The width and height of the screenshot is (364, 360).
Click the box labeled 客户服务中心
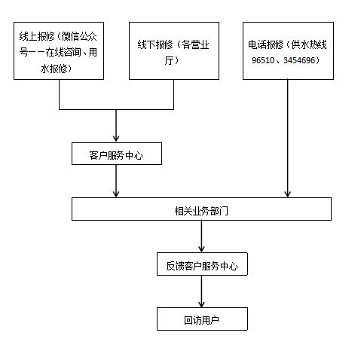coord(117,154)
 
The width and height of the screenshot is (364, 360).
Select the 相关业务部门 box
coord(201,209)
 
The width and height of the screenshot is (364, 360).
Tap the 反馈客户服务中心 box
coord(202,264)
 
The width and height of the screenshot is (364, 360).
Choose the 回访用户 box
coord(202,319)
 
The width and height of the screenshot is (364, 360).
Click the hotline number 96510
coord(263,60)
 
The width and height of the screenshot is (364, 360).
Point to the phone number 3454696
coord(299,60)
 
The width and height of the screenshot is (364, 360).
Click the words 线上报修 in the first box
coord(37,37)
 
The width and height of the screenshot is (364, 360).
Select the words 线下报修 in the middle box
coord(155,45)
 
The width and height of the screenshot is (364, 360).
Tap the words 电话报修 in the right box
coord(265,44)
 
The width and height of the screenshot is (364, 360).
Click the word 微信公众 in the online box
coord(79,37)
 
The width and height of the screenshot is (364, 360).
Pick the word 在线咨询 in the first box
coord(63,53)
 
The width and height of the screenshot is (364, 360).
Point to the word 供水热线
coord(309,44)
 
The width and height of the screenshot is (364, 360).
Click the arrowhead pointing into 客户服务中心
coord(116,139)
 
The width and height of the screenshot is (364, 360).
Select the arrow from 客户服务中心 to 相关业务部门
coord(116,181)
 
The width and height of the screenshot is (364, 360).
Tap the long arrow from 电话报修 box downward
coord(288,139)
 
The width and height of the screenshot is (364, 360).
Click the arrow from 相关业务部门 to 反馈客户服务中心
coord(201,236)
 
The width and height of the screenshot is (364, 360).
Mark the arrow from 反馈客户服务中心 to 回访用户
coord(201,291)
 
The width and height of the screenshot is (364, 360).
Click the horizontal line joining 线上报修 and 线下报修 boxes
coord(116,109)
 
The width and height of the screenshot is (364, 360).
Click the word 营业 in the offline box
coord(200,45)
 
